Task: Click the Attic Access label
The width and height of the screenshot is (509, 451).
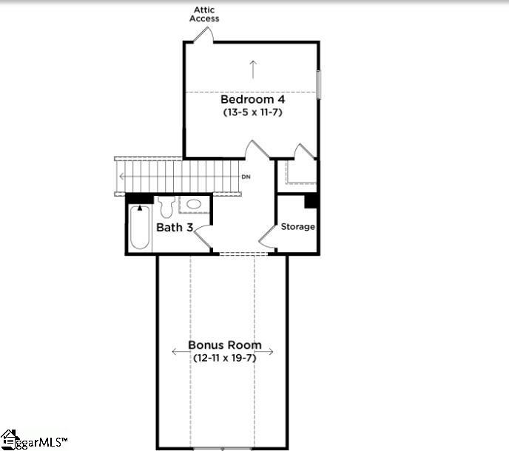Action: [x=204, y=14]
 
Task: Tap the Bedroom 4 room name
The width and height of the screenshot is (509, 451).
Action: [x=252, y=99]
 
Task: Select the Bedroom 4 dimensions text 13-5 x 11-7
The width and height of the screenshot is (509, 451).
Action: [x=252, y=112]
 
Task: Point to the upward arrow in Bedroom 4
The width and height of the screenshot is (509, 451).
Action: [x=253, y=69]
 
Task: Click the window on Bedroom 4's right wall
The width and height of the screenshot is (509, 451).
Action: [x=319, y=84]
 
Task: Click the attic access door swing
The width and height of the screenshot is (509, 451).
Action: [x=204, y=35]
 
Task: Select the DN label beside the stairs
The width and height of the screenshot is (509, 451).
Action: [x=246, y=177]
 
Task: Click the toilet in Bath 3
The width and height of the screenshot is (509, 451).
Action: [x=166, y=205]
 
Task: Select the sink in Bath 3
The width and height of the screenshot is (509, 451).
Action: [x=195, y=204]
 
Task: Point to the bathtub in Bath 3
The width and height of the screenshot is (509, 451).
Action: [x=139, y=228]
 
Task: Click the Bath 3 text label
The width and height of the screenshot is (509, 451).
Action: [x=175, y=228]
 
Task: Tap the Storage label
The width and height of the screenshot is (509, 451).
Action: [x=297, y=227]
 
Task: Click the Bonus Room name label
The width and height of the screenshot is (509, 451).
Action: [x=224, y=345]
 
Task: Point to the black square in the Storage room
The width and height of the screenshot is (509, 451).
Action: [x=311, y=200]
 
